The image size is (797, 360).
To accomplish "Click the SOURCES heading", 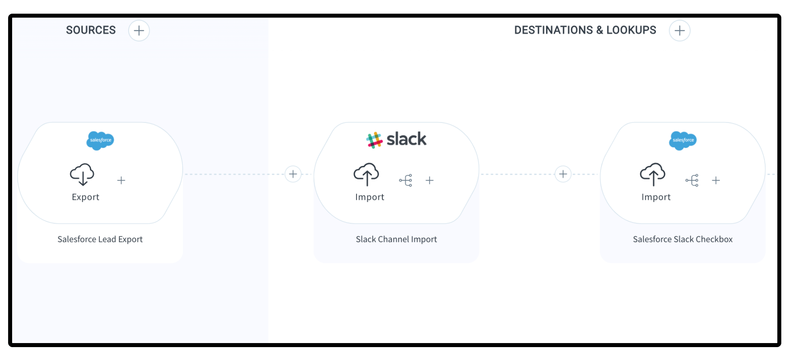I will [x=91, y=30].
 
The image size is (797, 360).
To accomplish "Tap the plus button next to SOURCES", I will [x=139, y=31].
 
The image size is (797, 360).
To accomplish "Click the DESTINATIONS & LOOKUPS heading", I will [x=585, y=30].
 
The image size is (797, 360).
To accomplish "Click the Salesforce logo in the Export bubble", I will [x=100, y=140].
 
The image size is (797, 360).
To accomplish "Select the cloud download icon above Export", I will [x=82, y=174].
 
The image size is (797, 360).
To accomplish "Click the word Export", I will [x=86, y=197].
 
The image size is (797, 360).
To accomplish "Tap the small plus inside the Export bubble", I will [x=121, y=180].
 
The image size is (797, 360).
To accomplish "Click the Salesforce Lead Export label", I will [x=100, y=239].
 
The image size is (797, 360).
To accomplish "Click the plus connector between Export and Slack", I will [x=293, y=174].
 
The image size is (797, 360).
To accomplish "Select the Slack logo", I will [x=396, y=139].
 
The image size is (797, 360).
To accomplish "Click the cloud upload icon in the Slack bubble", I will [x=366, y=174].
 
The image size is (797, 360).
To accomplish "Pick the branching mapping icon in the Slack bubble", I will [x=406, y=180].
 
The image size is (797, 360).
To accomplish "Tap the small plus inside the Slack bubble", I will [x=430, y=180].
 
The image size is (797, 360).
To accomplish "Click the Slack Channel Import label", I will [x=396, y=239].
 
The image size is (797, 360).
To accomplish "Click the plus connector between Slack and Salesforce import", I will [x=563, y=174].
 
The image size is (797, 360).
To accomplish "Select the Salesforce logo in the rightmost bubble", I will [x=683, y=140].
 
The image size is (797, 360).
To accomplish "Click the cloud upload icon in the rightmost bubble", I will [x=653, y=174].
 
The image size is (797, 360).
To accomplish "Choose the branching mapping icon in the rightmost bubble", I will [x=692, y=180].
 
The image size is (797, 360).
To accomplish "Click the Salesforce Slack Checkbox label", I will [x=682, y=239].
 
